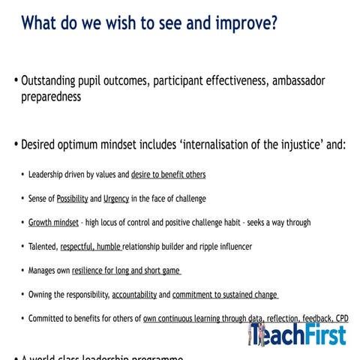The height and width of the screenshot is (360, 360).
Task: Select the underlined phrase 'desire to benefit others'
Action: pos(168,175)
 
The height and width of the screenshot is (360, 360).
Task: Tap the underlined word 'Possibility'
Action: pos(72,199)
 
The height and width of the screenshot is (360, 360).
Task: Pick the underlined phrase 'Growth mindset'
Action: pos(53,223)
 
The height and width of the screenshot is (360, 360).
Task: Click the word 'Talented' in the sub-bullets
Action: pos(43,247)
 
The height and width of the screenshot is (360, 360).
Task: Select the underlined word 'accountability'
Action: pos(134,295)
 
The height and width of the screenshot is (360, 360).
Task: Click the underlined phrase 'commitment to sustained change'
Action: pos(226,295)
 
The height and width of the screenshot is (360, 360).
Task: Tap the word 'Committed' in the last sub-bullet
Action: pos(48,319)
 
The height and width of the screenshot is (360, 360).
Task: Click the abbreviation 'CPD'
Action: pos(340,319)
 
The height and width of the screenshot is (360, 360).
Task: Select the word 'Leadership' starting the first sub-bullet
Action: pos(49,175)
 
